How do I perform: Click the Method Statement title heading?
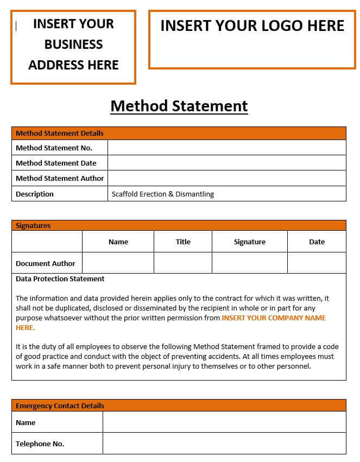(x=179, y=105)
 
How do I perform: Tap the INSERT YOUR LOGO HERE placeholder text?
(x=252, y=26)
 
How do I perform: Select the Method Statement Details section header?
(x=60, y=133)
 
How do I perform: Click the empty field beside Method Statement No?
(x=226, y=148)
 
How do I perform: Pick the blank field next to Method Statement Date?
(x=226, y=163)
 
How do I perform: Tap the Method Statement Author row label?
(x=60, y=178)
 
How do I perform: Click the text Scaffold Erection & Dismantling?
(x=163, y=194)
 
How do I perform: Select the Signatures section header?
(x=33, y=225)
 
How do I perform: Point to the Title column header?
(x=183, y=242)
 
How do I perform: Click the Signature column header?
(x=249, y=242)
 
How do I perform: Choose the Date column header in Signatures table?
(x=317, y=242)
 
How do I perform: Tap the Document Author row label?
(x=46, y=263)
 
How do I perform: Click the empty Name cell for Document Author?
(x=118, y=263)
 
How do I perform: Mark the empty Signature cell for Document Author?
(x=249, y=263)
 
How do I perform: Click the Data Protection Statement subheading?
(x=60, y=279)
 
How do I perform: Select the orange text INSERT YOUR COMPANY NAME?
(x=274, y=318)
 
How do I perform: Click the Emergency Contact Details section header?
(x=60, y=406)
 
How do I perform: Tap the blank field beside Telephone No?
(x=224, y=444)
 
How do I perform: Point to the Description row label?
(x=35, y=194)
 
